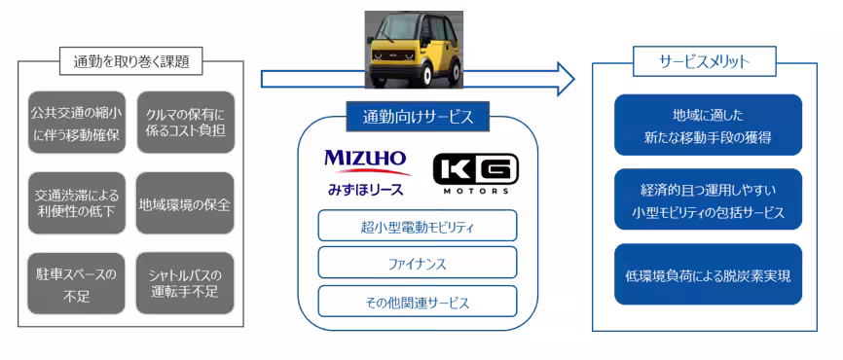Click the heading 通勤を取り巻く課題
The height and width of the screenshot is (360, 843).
[x=130, y=61]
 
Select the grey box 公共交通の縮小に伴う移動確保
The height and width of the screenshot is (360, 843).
[x=74, y=124]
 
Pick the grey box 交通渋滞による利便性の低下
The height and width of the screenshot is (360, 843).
[x=74, y=202]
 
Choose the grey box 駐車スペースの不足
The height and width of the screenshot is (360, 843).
[x=74, y=283]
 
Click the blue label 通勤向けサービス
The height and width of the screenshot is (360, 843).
[x=418, y=117]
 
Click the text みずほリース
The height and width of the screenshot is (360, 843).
[x=364, y=187]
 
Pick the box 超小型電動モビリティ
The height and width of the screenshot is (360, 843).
[x=417, y=227]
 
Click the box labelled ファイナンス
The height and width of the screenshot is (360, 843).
[x=417, y=263]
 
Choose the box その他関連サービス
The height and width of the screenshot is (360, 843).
[x=417, y=301]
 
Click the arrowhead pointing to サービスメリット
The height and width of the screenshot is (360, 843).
[x=564, y=77]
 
